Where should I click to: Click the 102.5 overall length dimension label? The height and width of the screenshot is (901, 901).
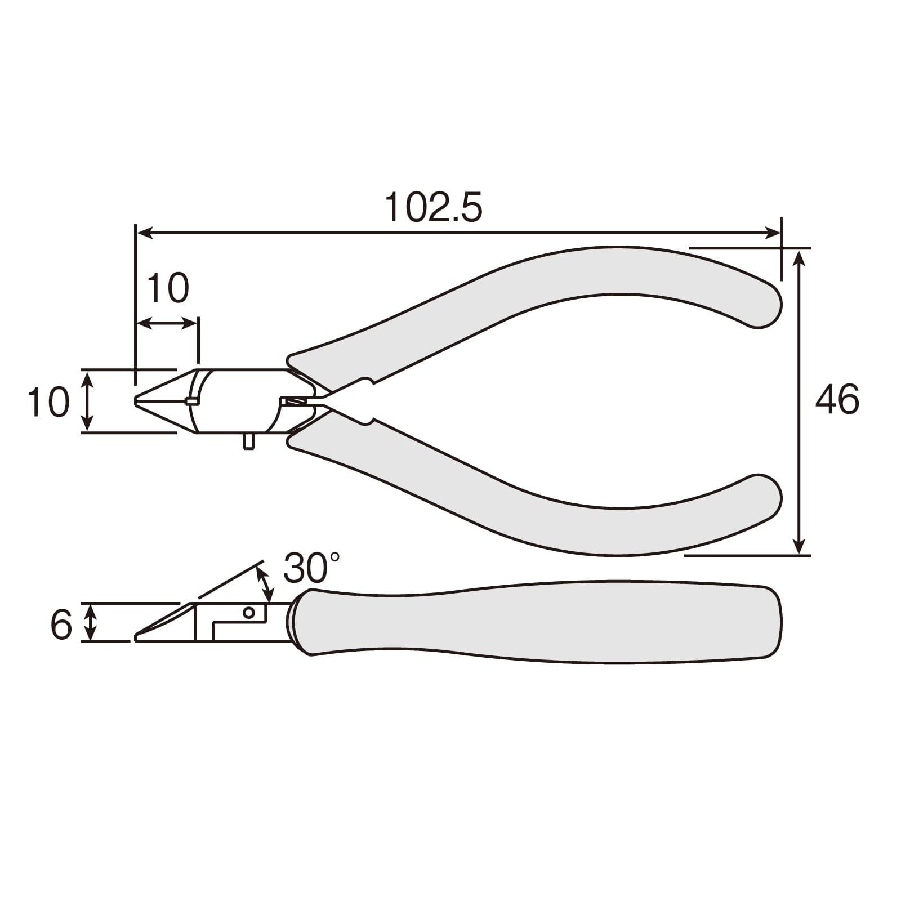point(433,207)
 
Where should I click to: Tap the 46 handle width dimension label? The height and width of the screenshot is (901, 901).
point(837,399)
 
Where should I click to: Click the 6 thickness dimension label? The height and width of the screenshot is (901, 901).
point(61,625)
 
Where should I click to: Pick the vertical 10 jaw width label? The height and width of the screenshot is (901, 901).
point(48,402)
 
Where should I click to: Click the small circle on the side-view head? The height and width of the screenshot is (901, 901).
point(248,612)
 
